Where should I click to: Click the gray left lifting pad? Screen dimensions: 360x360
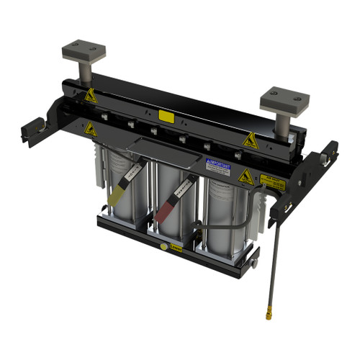point(83,50)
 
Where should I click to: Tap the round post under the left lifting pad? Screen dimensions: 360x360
point(84,71)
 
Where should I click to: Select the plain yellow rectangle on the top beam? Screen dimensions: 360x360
point(166,115)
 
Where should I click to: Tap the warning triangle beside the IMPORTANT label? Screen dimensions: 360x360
point(245,175)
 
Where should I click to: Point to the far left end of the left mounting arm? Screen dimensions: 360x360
point(27,130)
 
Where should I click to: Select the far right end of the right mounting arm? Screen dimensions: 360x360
point(333,151)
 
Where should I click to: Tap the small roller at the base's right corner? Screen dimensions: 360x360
point(253,263)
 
